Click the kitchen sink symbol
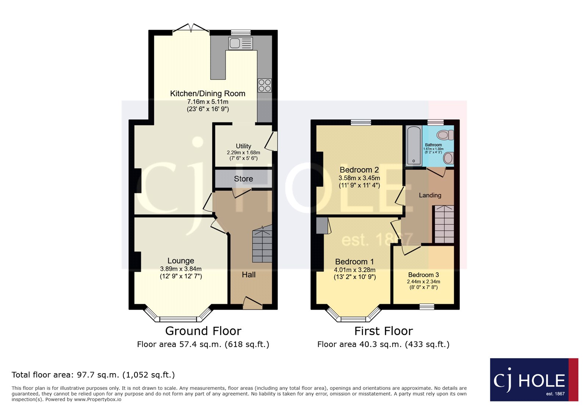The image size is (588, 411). coord(241,43)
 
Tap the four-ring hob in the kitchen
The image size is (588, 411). coord(265,85)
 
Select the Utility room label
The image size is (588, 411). coord(243,146)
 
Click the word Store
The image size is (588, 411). coord(243,179)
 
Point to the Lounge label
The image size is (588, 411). coord(181,261)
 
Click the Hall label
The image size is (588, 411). coord(248,275)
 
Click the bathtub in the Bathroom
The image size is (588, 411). coord(414,146)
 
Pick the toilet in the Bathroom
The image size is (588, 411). coord(445,135)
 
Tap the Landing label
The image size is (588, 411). coord(430,195)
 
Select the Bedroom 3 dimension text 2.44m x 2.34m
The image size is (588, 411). coord(423,281)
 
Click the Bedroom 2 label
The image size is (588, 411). coord(359,170)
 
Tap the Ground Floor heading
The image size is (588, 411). coord(203,331)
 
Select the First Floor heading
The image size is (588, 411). coord(384,331)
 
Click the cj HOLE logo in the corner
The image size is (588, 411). coord(534,379)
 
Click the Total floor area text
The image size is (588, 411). coord(93,375)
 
